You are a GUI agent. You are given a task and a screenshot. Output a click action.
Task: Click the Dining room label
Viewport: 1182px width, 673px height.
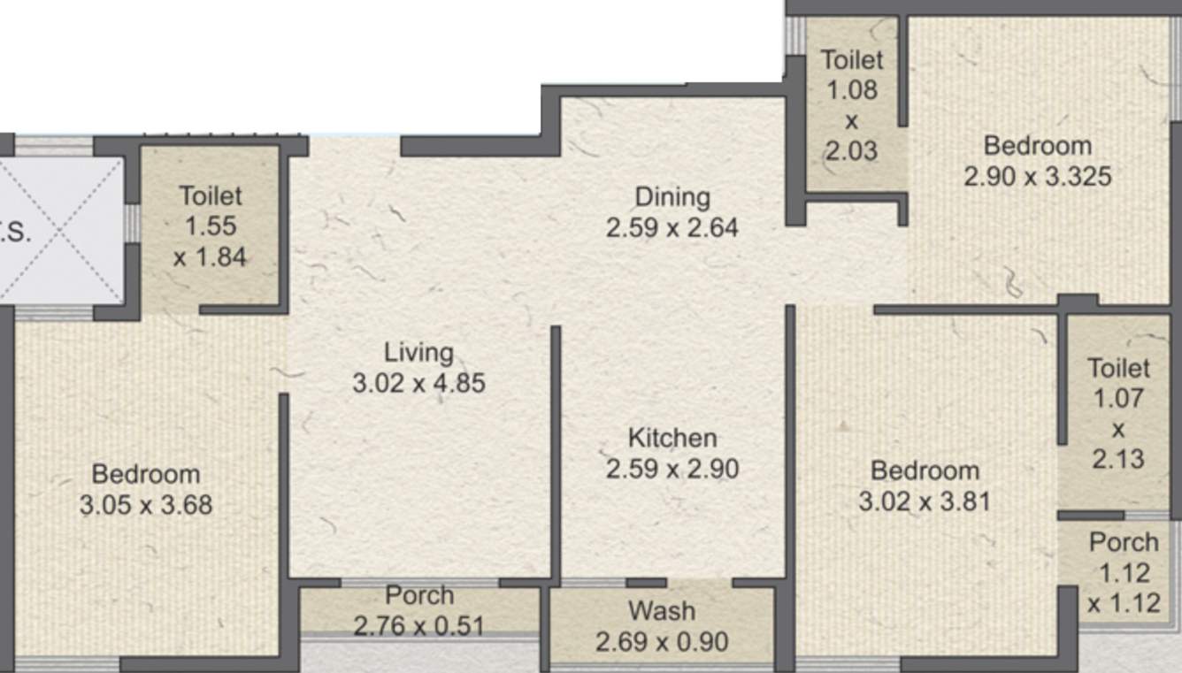(672, 198)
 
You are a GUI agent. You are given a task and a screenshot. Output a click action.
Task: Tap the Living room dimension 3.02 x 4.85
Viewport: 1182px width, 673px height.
(419, 384)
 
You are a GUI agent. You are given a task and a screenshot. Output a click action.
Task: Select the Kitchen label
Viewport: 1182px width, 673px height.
(672, 439)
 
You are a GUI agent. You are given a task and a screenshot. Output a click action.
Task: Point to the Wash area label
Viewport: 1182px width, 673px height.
(662, 611)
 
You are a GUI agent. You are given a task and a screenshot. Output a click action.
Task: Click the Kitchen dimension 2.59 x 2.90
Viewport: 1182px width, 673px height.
(672, 469)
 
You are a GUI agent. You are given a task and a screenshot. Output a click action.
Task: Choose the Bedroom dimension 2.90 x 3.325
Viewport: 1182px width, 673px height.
(1038, 177)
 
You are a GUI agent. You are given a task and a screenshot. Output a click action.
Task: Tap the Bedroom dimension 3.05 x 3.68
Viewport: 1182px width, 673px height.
(146, 505)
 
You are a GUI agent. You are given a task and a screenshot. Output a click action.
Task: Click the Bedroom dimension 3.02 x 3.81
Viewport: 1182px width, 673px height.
(925, 501)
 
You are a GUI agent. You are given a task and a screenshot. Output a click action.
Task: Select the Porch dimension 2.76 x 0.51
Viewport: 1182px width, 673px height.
(419, 627)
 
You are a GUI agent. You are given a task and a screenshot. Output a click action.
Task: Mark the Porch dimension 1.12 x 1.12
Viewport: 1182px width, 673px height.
(1124, 588)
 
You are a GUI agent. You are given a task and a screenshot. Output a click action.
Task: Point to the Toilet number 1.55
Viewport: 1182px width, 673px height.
(211, 226)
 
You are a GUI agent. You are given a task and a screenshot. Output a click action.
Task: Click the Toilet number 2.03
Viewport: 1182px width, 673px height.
(852, 151)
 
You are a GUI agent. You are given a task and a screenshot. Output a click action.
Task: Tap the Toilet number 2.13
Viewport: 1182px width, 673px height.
(1118, 459)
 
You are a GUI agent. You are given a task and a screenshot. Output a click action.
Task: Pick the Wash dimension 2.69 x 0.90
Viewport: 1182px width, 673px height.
(662, 642)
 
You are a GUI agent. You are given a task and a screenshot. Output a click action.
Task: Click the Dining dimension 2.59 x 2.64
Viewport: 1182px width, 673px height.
(672, 228)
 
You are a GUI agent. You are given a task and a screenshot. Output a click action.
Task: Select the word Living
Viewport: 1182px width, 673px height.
(419, 353)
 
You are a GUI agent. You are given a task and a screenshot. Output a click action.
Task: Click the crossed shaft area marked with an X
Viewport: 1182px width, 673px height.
(61, 231)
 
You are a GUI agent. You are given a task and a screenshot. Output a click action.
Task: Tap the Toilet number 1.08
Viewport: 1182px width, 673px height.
(852, 90)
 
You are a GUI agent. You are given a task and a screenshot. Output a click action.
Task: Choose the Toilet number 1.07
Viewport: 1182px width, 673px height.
(1118, 398)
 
